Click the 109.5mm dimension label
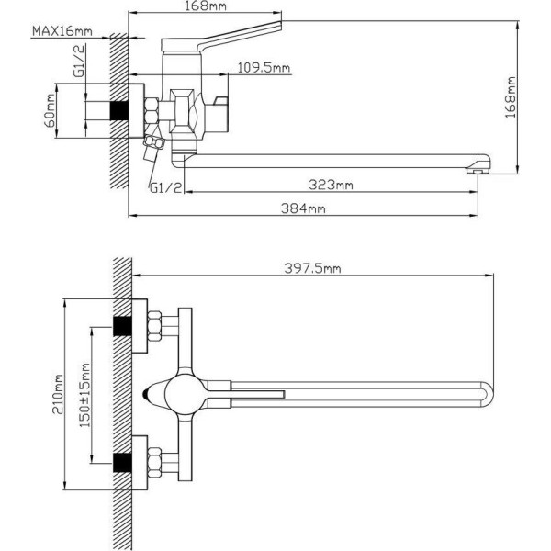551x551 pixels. point(264,67)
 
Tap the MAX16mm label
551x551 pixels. point(62,31)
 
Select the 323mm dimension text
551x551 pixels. point(331,185)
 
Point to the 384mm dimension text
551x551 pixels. point(303,208)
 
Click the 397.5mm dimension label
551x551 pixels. point(312,268)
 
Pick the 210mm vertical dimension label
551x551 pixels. point(58,394)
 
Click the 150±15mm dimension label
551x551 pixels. point(85,395)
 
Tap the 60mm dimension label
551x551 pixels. point(50,111)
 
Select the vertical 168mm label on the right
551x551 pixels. point(511,97)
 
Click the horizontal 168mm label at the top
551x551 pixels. point(206,6)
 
